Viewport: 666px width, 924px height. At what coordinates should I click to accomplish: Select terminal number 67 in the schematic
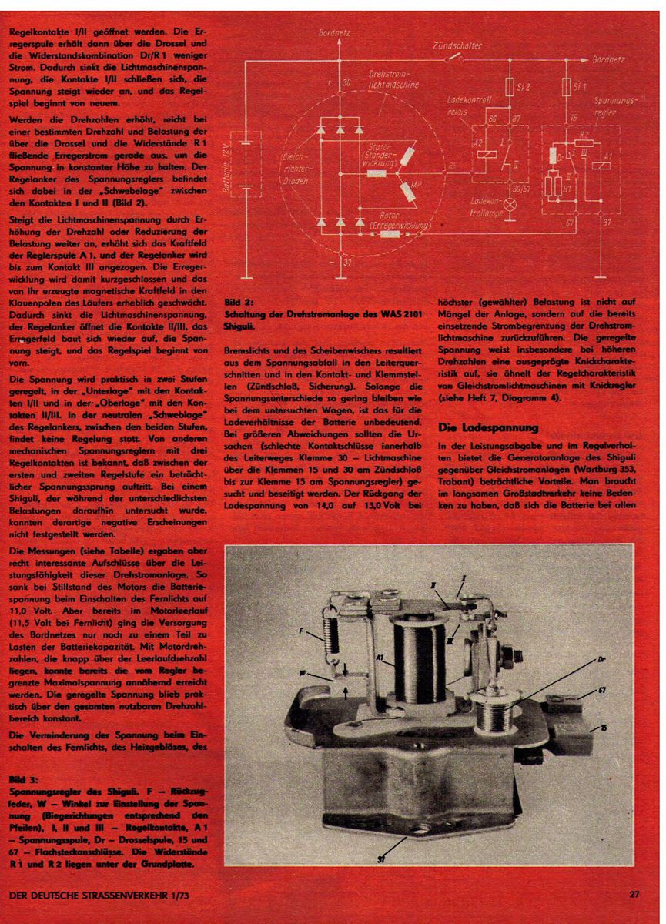[571, 223]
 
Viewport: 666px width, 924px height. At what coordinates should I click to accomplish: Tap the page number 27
[634, 895]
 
